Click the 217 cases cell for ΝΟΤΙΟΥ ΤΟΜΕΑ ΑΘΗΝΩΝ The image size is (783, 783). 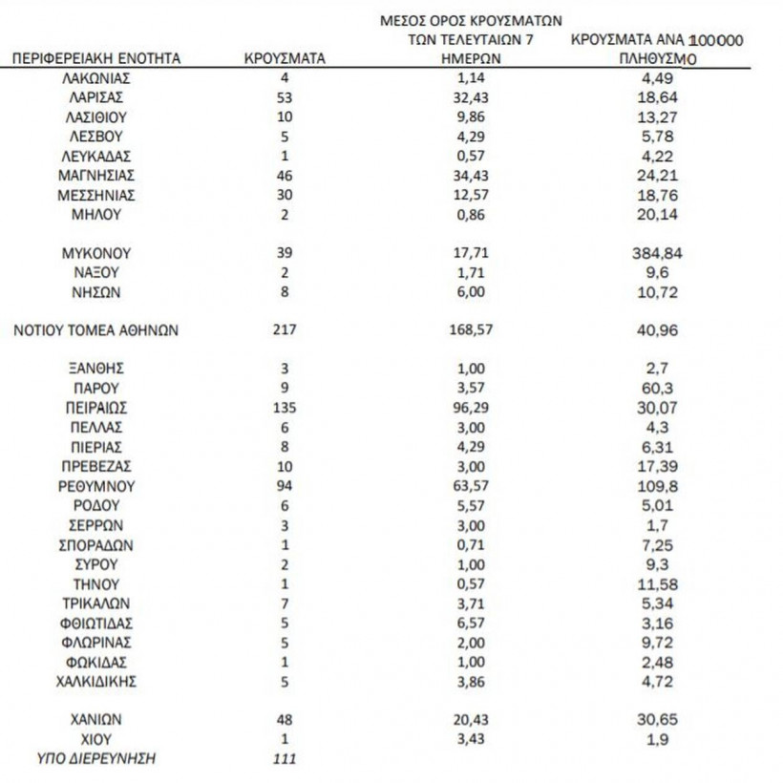click(x=285, y=330)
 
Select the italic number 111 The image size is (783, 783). click(x=285, y=759)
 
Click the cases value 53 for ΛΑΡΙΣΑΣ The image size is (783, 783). click(x=285, y=97)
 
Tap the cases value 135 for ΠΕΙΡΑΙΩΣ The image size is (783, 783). click(x=285, y=408)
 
